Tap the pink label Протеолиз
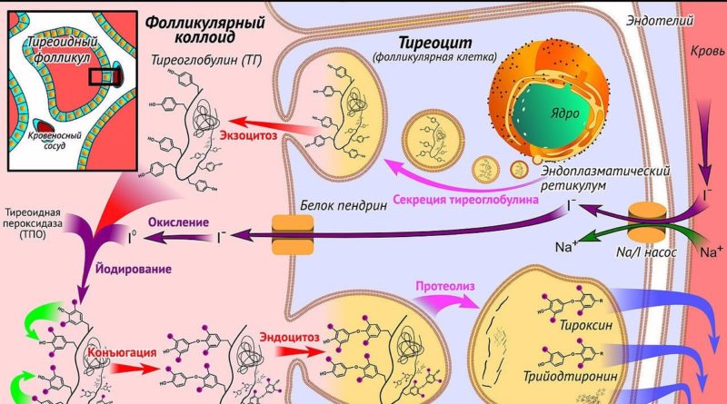point(443,290)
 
